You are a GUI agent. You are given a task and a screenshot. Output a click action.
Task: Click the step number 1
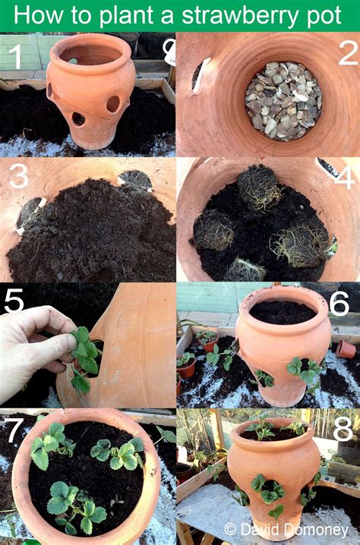point(14,55)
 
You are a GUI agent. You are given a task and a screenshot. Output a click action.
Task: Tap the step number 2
point(346,53)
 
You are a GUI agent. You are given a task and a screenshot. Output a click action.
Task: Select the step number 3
point(18,176)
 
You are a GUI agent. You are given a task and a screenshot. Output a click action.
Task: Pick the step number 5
point(14,301)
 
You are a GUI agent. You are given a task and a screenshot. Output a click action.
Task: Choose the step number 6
point(339,303)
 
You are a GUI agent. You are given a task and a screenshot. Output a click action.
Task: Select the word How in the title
point(40,15)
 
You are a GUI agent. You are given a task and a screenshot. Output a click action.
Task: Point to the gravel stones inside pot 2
point(283,99)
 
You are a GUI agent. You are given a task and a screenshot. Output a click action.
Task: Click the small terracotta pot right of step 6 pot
point(346,349)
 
